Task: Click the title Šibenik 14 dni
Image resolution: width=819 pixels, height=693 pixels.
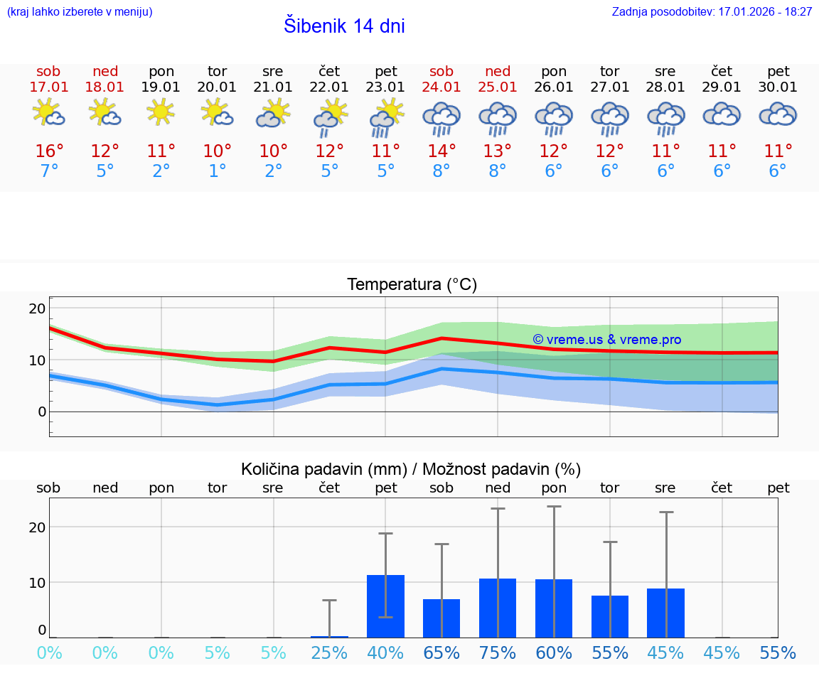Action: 344,26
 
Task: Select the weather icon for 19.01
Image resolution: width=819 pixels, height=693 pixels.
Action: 161,112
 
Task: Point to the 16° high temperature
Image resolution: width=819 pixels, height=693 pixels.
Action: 49,151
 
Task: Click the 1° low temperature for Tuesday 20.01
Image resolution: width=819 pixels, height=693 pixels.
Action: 217,171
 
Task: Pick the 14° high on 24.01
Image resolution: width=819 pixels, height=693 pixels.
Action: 441,151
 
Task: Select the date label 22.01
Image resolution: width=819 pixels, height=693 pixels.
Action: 329,87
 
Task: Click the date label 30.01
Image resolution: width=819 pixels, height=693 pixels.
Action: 778,87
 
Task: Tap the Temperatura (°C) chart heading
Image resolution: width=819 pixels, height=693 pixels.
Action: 412,285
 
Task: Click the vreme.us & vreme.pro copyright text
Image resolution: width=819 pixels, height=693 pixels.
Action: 606,340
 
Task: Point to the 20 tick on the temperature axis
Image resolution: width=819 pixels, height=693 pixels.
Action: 37,308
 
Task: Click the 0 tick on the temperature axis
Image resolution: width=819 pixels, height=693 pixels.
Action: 41,412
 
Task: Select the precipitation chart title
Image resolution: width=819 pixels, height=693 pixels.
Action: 411,469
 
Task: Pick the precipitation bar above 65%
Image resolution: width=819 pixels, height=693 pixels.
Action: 441,618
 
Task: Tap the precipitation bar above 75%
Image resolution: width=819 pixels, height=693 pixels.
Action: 498,608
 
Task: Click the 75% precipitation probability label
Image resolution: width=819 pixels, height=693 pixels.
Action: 498,653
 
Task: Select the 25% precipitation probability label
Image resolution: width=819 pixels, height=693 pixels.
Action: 329,653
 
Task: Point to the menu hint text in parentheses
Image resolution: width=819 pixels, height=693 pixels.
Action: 80,12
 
